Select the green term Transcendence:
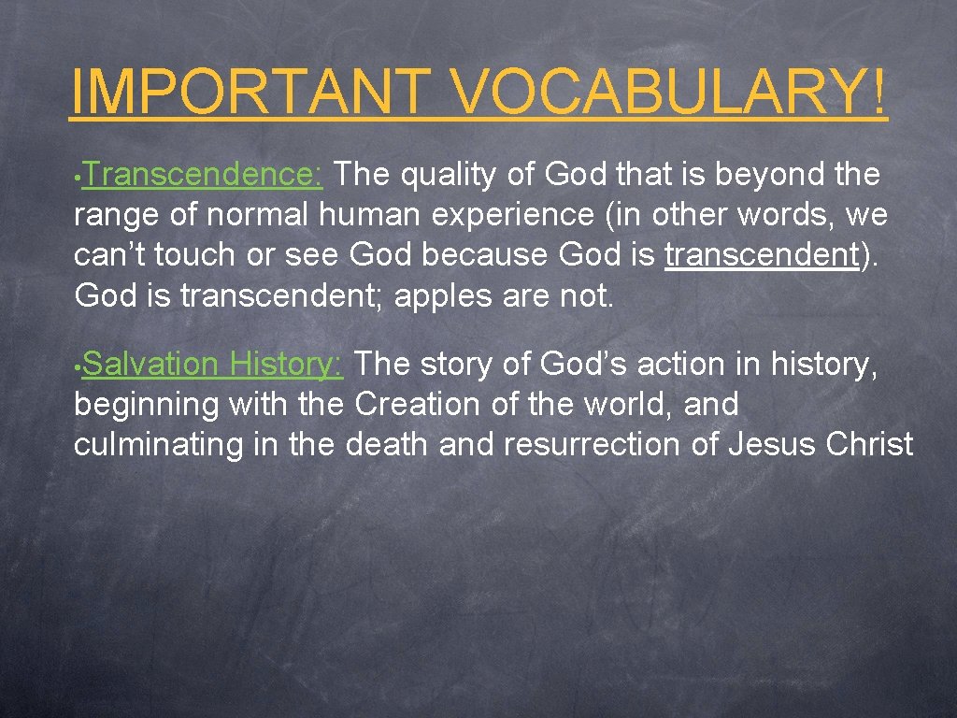207,175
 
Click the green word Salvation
150,364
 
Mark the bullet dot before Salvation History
79,366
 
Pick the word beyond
753,175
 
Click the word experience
512,216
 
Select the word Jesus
771,445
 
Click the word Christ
870,445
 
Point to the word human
370,216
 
